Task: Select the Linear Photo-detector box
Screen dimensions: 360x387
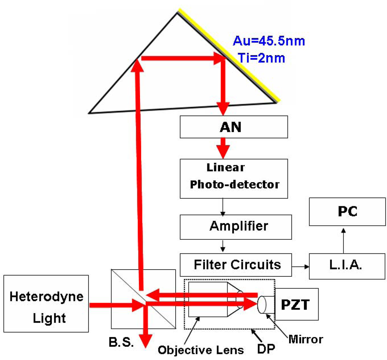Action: [x=234, y=178]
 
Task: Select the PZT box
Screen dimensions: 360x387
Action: [x=297, y=304]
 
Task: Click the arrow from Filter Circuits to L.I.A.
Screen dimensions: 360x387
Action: [x=301, y=267]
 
